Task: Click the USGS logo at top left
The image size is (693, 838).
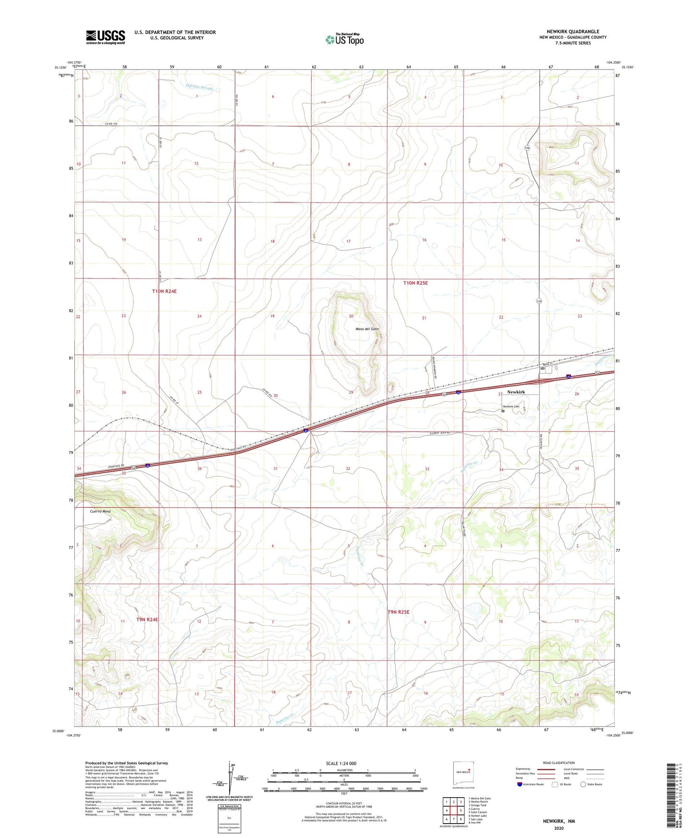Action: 106,36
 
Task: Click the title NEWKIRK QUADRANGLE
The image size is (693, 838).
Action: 573,32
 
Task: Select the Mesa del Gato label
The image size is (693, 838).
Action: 367,329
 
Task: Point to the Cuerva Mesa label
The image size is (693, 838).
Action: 100,511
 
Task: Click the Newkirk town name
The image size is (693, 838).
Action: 516,392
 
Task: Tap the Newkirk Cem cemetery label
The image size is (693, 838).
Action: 510,407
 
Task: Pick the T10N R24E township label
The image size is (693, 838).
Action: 164,291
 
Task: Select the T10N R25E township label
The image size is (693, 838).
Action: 415,283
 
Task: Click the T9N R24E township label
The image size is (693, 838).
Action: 147,620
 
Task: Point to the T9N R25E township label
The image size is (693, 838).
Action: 399,612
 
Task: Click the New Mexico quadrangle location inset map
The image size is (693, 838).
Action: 463,773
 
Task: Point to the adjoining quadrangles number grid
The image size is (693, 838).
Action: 453,811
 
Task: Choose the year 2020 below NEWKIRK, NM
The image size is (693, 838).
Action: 559,828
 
